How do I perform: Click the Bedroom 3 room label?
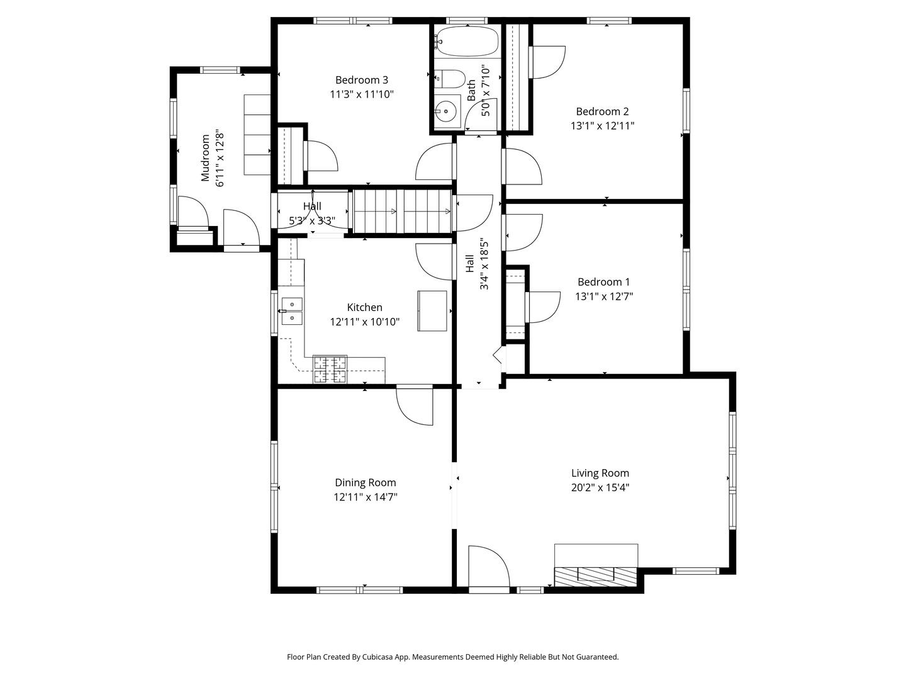[361, 80]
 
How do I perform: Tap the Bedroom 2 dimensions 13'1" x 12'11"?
[602, 125]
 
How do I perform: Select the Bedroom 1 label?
[603, 282]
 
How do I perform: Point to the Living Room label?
[600, 473]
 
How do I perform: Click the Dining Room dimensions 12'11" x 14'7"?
[366, 497]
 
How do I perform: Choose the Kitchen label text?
[364, 307]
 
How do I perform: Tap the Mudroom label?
[205, 157]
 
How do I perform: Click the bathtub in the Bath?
[467, 42]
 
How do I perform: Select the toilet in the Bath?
[450, 79]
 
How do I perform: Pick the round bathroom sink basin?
[446, 111]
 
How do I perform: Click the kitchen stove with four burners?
[330, 369]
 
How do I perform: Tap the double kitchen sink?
[291, 311]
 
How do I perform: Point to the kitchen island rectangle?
[432, 311]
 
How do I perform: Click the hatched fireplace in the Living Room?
[596, 577]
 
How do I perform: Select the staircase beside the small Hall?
[403, 212]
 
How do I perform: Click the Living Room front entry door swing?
[489, 566]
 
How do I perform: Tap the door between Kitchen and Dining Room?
[415, 406]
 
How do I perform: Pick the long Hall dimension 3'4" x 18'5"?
[484, 265]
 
